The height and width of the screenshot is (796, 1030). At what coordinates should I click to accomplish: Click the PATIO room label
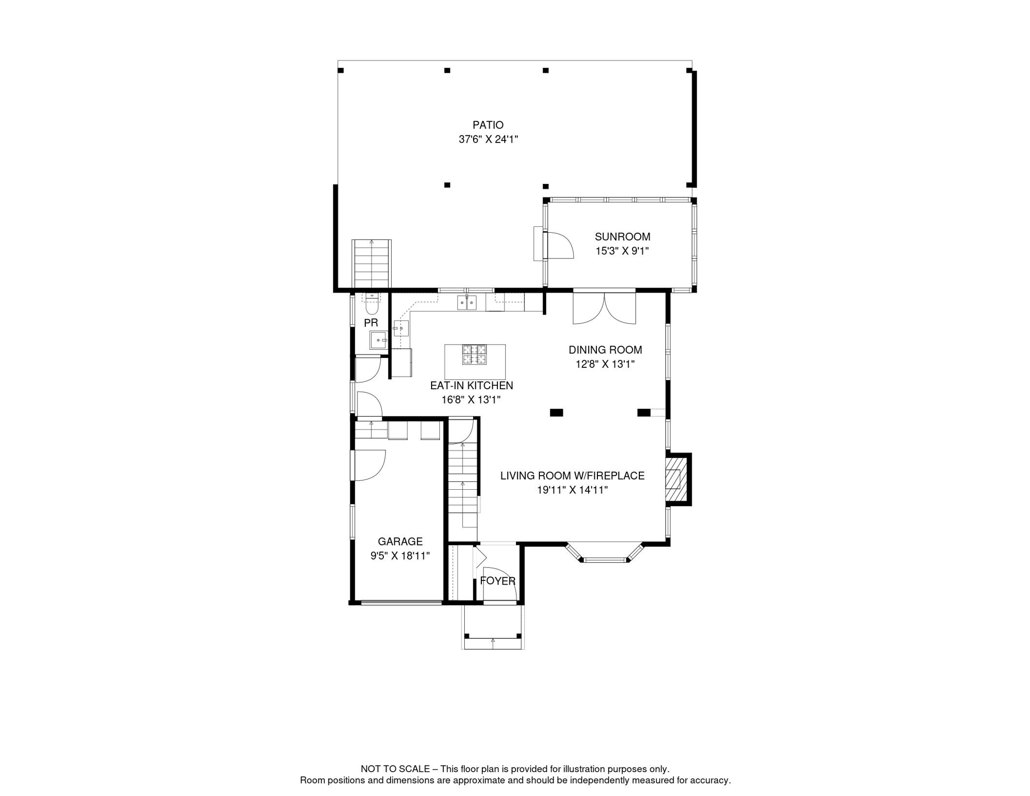[488, 125]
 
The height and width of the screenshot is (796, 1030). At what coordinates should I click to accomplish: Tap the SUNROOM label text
[622, 237]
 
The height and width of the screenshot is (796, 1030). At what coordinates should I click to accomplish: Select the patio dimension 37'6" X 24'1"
[488, 139]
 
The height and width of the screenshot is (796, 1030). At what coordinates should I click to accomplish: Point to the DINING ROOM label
[605, 350]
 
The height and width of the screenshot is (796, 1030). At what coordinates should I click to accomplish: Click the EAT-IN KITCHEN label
[471, 386]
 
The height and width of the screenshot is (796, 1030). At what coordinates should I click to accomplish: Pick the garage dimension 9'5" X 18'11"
[400, 556]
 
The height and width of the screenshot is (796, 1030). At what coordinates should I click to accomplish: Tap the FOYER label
[497, 581]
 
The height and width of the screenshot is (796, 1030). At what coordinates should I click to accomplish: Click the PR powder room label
[371, 323]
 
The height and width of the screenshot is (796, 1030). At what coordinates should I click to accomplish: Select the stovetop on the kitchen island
[474, 354]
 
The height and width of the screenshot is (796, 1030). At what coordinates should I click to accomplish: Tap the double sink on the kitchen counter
[466, 302]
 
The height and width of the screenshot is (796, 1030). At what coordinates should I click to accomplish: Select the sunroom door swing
[559, 246]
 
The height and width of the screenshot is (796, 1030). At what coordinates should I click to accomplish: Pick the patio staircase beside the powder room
[371, 264]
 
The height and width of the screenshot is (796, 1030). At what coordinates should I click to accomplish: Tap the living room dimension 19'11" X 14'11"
[572, 490]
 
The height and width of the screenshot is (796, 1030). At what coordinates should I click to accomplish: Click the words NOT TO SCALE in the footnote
[395, 769]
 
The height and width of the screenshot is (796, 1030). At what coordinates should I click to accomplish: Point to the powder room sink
[378, 340]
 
